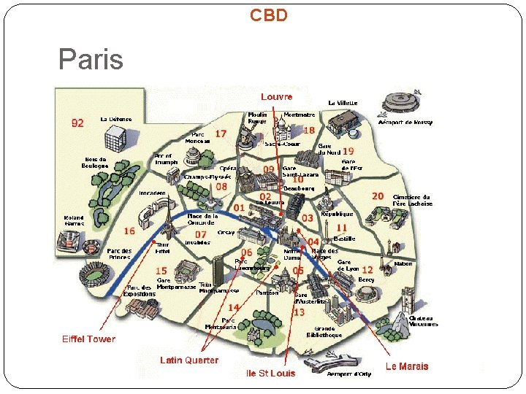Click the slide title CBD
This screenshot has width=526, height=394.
(269, 15)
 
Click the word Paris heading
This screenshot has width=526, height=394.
(91, 59)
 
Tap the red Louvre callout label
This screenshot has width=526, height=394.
(276, 96)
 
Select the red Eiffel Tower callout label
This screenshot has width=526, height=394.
(88, 339)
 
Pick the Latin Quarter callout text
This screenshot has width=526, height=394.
(189, 360)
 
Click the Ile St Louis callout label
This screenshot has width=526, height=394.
(271, 373)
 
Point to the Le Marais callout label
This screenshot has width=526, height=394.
(407, 366)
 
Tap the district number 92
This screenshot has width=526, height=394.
(77, 123)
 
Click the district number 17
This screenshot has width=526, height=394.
(221, 134)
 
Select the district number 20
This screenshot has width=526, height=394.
(378, 196)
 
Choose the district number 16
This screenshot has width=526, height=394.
(129, 231)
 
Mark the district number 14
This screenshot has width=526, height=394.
(234, 307)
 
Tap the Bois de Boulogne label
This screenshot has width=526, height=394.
(96, 162)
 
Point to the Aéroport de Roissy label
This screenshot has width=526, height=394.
(405, 123)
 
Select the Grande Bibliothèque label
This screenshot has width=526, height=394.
(328, 332)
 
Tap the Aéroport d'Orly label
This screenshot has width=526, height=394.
(348, 374)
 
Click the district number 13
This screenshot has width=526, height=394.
(299, 312)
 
